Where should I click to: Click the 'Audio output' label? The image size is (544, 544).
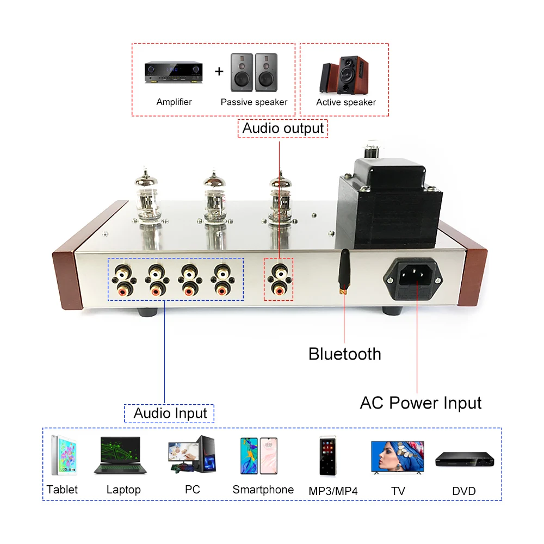tap(283, 129)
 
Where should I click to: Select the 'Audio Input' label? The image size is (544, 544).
tap(170, 413)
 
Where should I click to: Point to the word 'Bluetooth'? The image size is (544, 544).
tap(344, 354)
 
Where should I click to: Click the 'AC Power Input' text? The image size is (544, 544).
tap(421, 403)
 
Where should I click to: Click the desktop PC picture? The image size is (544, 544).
tap(191, 454)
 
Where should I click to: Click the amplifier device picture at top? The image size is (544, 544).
tap(174, 72)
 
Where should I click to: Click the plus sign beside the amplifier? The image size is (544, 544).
tap(219, 71)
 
